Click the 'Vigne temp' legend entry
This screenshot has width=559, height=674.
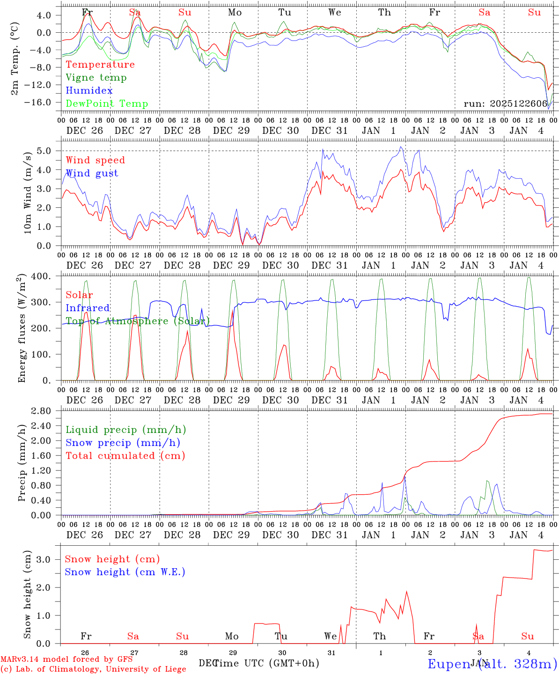coord(96,78)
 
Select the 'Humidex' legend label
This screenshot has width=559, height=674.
coord(89,91)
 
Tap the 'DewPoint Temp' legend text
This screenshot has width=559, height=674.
coord(107,104)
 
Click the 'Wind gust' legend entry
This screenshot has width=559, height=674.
coord(92,173)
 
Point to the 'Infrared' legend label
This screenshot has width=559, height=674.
coord(88,308)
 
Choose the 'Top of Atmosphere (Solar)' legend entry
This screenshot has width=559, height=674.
coord(138,321)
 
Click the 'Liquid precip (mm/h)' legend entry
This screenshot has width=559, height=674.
coord(126,430)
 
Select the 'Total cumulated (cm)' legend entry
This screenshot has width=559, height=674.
coord(125,456)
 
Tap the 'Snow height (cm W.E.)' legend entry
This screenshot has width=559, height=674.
coord(125,572)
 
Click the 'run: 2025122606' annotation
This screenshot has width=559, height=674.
coord(506,104)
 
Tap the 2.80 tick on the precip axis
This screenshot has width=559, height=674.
coord(42,411)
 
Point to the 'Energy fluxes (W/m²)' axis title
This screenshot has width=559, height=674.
coord(22,329)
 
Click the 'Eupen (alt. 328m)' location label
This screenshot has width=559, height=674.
coord(492,664)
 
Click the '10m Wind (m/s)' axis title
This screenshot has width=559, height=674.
coord(28,192)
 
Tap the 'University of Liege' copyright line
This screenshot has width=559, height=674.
coord(93,669)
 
